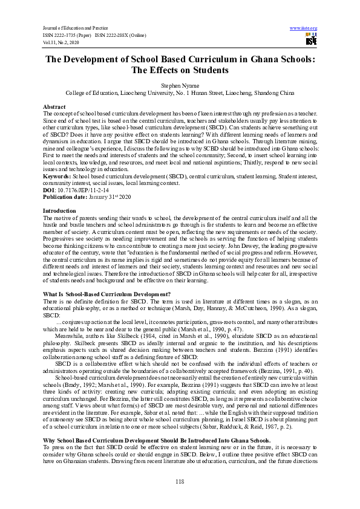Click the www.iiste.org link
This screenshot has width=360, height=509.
(x=304, y=28)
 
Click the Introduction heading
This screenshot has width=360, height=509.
(x=59, y=210)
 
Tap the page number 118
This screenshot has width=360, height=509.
(x=180, y=481)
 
